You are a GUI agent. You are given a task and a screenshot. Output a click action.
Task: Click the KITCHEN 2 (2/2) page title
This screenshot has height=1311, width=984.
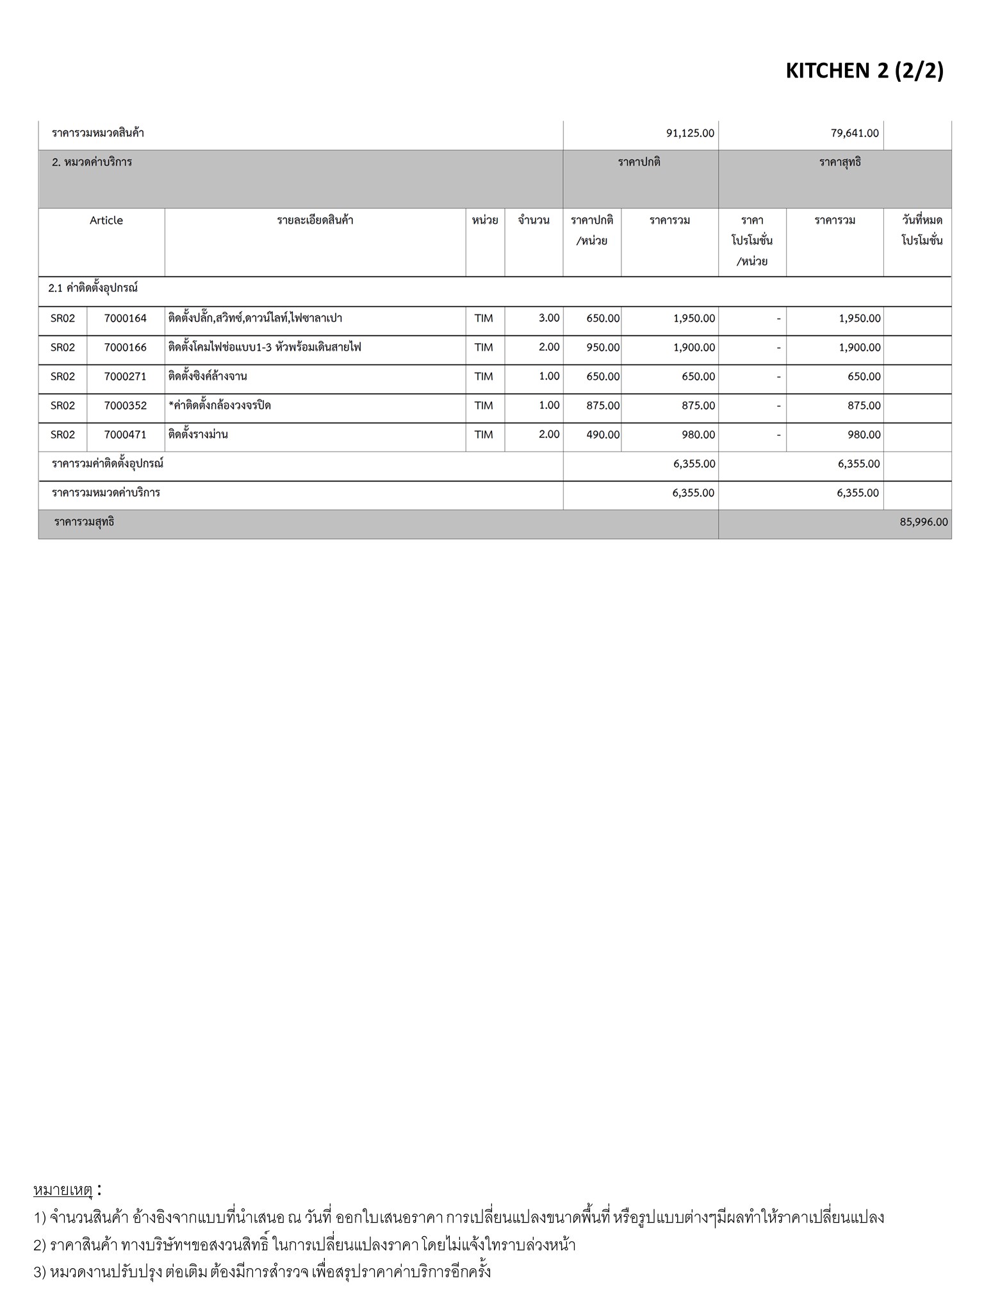864,70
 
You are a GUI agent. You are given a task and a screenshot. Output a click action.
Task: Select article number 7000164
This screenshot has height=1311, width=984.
126,318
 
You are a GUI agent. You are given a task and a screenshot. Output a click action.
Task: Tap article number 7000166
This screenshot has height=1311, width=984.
126,348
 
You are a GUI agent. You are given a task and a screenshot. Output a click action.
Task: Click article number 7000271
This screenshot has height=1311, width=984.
126,376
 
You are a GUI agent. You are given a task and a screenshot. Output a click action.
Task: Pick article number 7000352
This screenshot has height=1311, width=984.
126,405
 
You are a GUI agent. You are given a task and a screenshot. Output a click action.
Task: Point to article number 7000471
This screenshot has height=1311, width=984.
126,435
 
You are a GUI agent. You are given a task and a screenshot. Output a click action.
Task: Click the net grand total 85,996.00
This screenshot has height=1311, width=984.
923,522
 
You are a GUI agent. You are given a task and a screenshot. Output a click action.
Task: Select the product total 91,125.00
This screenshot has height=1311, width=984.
690,134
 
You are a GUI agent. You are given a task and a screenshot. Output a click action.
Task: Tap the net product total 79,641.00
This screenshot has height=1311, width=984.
855,134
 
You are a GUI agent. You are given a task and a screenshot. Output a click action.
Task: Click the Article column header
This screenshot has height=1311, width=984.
106,221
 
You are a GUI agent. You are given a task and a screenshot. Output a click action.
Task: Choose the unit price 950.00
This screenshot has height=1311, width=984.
603,348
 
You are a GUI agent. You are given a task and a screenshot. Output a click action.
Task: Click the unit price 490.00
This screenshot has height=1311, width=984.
603,435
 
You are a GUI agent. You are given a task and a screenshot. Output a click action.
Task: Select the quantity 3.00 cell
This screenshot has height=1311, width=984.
548,318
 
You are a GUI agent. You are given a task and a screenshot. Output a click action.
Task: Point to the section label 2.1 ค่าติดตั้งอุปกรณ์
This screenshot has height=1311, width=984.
93,288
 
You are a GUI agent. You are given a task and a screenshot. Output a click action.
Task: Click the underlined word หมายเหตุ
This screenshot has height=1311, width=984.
63,1190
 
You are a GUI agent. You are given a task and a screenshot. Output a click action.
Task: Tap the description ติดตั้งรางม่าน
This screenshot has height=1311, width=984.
198,435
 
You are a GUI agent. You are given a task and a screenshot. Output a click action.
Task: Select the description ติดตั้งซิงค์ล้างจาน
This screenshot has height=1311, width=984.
208,376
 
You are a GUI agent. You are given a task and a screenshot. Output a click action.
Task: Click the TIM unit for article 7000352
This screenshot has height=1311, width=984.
484,405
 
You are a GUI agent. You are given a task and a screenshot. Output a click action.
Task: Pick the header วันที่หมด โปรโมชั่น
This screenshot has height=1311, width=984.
921,230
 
